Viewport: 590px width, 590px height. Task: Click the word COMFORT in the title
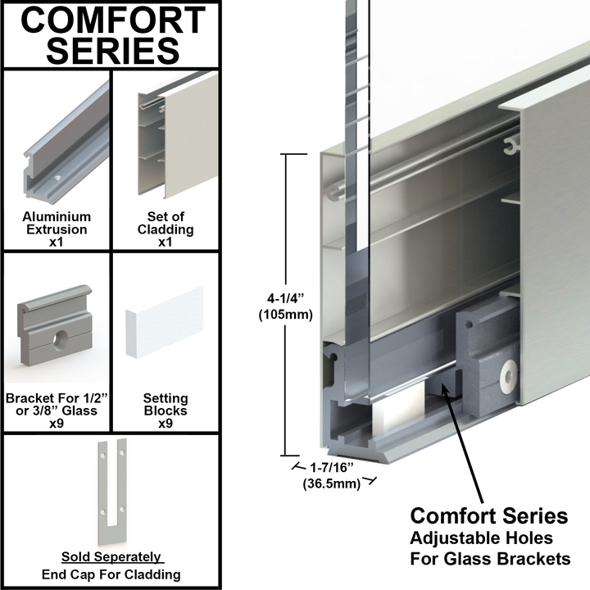pos(112,20)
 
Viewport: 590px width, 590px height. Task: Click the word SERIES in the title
pos(112,51)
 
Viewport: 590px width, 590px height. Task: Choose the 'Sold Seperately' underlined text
pos(111,557)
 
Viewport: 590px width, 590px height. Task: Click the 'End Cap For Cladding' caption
pos(111,574)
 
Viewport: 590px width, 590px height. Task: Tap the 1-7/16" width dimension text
pos(330,468)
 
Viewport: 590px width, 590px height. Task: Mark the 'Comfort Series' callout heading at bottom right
pos(488,516)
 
